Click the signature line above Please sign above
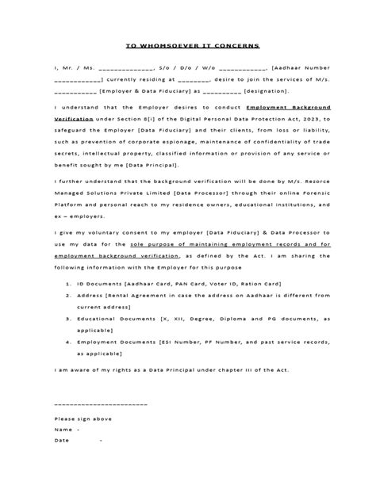pos(100,405)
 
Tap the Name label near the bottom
pos(63,429)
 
